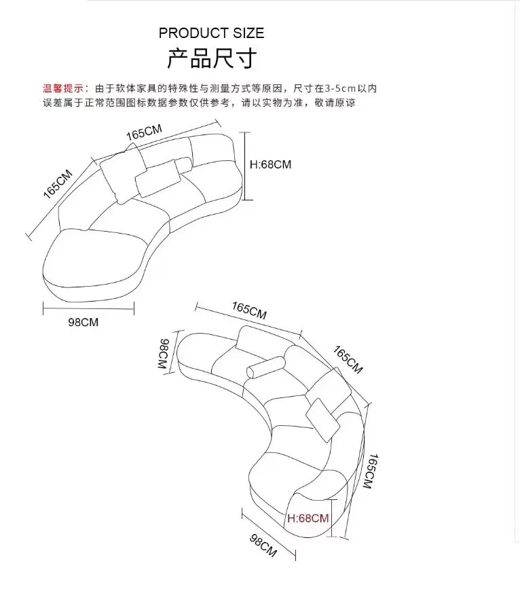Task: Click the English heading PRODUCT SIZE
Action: [x=211, y=33]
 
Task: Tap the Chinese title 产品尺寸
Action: [x=211, y=58]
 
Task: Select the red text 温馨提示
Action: [x=63, y=88]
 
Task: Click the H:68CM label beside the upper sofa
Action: [x=270, y=164]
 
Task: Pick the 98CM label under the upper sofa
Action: [x=83, y=322]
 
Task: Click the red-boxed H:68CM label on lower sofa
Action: [x=308, y=518]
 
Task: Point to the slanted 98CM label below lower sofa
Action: [x=263, y=545]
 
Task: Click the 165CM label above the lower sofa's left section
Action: [x=249, y=311]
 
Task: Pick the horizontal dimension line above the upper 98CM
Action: [x=88, y=307]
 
